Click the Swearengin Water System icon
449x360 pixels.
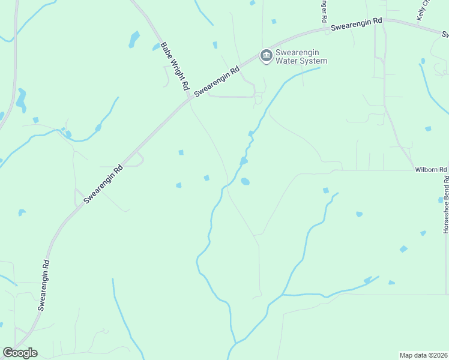click(266, 56)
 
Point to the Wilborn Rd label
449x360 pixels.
click(431, 170)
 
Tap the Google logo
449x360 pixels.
click(20, 353)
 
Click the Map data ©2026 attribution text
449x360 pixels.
click(423, 355)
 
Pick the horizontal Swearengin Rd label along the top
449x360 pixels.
click(357, 23)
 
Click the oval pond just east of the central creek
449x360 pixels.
click(245, 181)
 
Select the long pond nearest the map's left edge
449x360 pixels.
click(22, 100)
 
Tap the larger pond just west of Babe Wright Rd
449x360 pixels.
click(134, 39)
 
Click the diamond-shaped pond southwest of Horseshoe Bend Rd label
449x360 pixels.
click(403, 248)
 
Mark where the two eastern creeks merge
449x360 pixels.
click(283, 295)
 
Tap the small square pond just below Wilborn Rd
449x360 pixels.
click(326, 190)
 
